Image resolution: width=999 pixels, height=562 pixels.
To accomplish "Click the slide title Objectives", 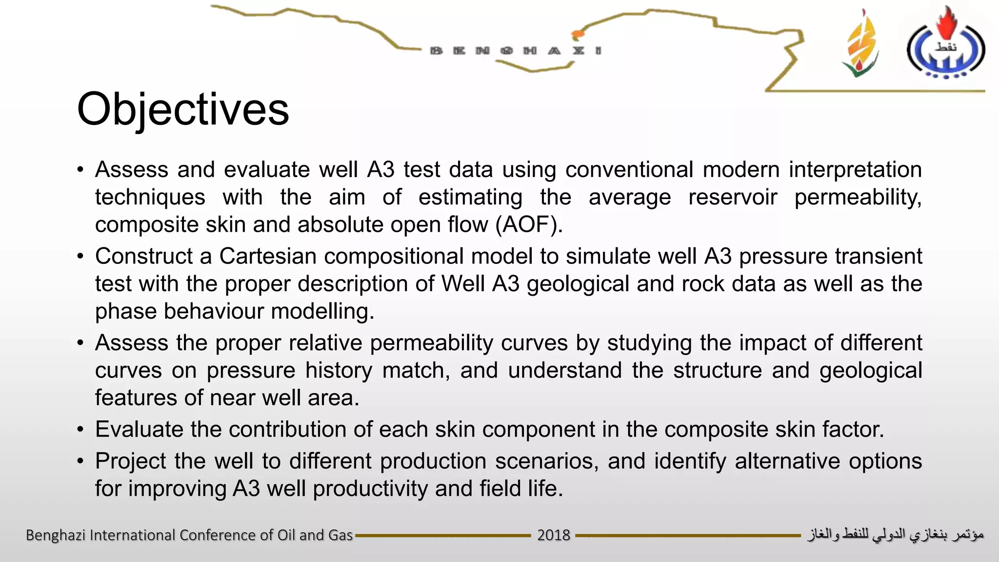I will (x=183, y=109).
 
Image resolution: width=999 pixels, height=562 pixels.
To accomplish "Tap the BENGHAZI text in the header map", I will (x=516, y=51).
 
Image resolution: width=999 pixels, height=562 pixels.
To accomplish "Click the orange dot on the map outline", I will (x=578, y=35).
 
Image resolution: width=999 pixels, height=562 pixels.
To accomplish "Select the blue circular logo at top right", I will (x=945, y=47).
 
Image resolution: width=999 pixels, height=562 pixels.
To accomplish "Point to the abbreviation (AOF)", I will (x=529, y=225).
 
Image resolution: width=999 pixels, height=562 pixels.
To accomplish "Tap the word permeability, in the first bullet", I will (x=858, y=198).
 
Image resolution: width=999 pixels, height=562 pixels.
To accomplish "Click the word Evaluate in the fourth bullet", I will (x=139, y=430).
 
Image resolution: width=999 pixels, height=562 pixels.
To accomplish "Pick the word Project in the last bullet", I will (x=131, y=462).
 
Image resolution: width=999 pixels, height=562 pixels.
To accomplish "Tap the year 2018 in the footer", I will (x=553, y=535).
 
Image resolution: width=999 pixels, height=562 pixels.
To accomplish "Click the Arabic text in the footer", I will (x=896, y=535).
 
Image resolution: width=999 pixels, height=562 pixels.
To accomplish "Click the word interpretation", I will (x=855, y=170).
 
